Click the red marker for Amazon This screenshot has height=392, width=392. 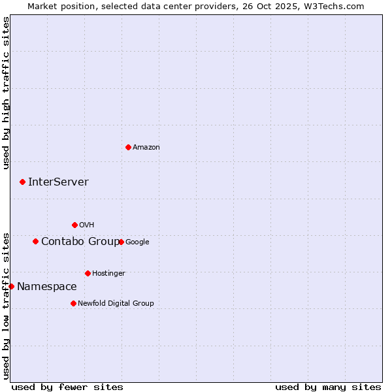[128, 147]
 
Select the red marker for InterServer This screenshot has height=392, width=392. [22, 182]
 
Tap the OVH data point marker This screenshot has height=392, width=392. [74, 225]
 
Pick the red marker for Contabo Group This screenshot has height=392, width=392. [35, 241]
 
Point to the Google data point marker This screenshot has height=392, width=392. [121, 242]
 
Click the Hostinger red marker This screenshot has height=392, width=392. [88, 273]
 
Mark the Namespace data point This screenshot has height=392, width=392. [11, 286]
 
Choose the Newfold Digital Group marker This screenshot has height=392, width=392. [73, 303]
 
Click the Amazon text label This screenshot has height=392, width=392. [146, 148]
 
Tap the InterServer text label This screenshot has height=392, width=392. [58, 182]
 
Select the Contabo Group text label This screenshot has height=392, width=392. [80, 242]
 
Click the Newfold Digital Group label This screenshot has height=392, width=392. [116, 303]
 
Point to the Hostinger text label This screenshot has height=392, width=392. [108, 273]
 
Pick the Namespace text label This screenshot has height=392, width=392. [46, 287]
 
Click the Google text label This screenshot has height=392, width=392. [137, 242]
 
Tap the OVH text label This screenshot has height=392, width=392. [86, 225]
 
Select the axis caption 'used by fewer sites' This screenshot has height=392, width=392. [67, 387]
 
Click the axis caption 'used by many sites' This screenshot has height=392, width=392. [328, 387]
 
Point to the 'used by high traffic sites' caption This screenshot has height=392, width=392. [6, 93]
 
